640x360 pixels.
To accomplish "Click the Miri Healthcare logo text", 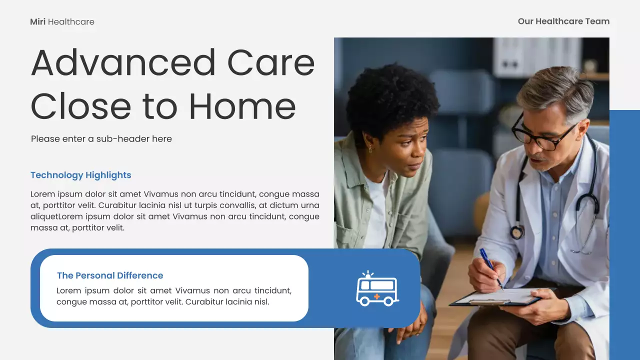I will coord(62,22).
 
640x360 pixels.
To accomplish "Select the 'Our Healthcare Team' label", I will coord(563,21).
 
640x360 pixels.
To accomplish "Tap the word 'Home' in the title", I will coord(242,106).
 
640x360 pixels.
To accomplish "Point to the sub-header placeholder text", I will coord(101,139).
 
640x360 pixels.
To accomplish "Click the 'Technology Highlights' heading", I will coord(80,175).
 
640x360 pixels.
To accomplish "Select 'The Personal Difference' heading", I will coord(110,275).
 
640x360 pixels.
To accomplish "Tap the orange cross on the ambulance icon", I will coord(376,297).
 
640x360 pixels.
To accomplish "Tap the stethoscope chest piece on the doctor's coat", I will coord(516,232).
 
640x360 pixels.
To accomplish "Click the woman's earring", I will coord(370,148).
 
